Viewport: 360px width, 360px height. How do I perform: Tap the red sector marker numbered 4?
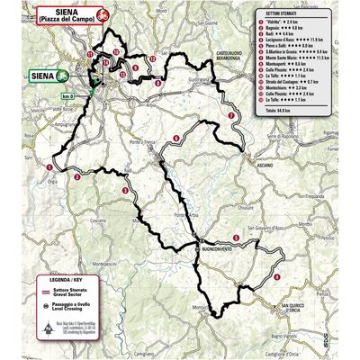coord(278,275)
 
